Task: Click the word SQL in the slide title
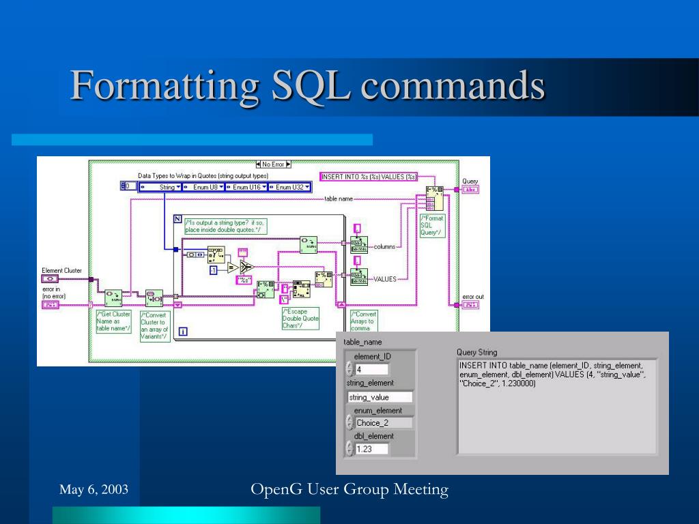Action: pos(308,87)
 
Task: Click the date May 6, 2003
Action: pos(94,489)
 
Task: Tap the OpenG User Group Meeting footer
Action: pos(349,489)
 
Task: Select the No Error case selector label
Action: pos(273,164)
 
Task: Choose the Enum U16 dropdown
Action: pos(247,186)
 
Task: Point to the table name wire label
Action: pos(339,199)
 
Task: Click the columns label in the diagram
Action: pos(385,246)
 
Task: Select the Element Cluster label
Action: pos(61,271)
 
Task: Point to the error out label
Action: pos(473,296)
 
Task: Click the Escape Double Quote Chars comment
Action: pos(300,319)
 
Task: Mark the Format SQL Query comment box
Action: pos(432,225)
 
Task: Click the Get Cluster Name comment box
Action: pos(113,321)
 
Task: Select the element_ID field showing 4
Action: pos(371,369)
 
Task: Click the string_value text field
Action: pos(380,396)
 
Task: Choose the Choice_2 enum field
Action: pos(384,422)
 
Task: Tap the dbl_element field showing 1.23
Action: pos(371,449)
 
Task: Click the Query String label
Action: pos(476,352)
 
